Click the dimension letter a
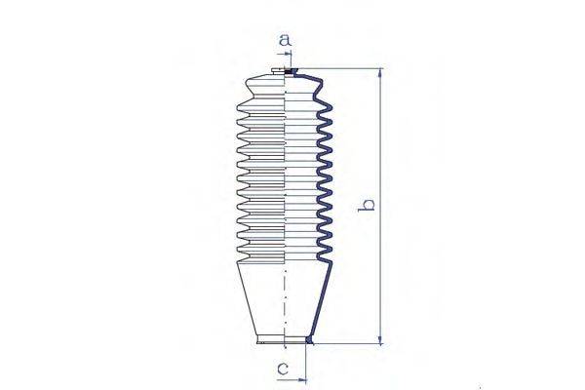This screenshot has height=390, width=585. (286, 40)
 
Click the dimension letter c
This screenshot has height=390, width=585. (282, 369)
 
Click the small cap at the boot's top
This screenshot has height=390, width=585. (275, 71)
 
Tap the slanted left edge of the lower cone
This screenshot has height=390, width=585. (246, 302)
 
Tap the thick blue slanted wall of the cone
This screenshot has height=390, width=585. (320, 302)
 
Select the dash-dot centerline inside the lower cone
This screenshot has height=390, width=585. (286, 302)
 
